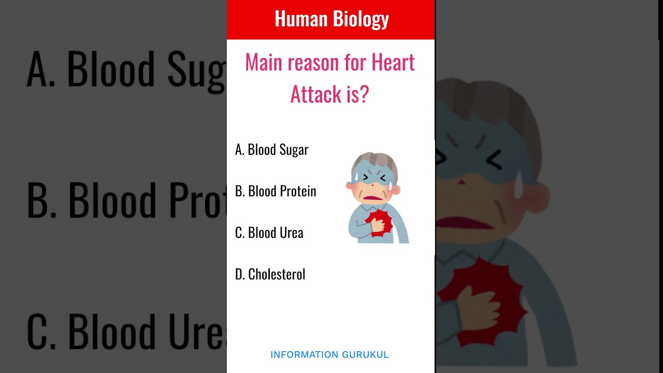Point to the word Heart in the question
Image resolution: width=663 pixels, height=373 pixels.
pos(393,63)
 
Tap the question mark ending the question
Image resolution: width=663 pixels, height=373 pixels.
pos(364,94)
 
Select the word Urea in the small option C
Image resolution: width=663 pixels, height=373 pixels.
pos(290,233)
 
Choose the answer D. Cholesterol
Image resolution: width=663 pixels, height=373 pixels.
pos(270,274)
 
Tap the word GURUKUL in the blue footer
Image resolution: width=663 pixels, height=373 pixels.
pos(366,355)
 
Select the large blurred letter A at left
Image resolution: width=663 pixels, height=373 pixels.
pos(40,69)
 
